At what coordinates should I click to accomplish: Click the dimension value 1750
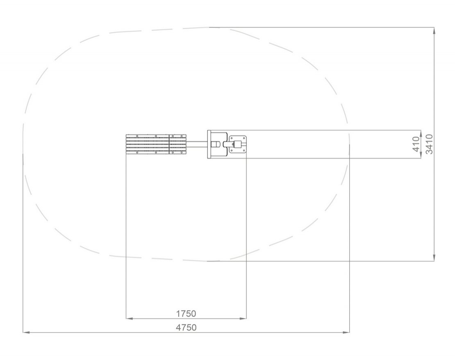pos(186,314)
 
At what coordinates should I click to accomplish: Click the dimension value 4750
pos(186,328)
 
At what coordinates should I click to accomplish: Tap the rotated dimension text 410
pos(416,144)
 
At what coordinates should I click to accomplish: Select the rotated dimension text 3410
pos(429,144)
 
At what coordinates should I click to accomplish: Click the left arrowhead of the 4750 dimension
pos(26,333)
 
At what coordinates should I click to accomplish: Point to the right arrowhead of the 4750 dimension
pos(346,333)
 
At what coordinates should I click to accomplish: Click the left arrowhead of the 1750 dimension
pos(130,319)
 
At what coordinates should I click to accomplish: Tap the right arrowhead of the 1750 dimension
pos(243,319)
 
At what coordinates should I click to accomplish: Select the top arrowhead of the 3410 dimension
pos(434,31)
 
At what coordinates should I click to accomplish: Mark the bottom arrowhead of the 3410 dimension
pos(434,258)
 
